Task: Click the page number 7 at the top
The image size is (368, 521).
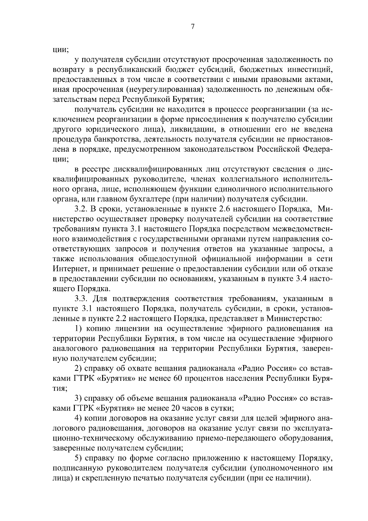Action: (x=192, y=27)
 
